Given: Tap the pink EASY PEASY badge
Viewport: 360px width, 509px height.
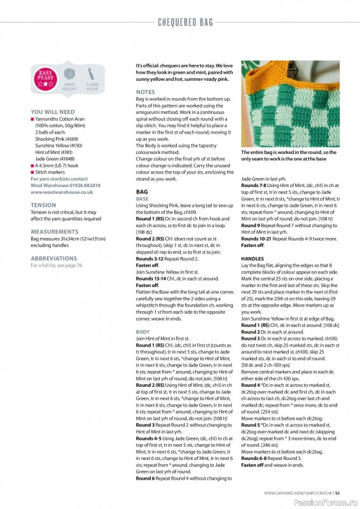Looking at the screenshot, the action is pyautogui.click(x=45, y=79).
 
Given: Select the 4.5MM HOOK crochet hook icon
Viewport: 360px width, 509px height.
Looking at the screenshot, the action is pyautogui.click(x=91, y=75).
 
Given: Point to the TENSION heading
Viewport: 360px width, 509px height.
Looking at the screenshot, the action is pyautogui.click(x=43, y=205).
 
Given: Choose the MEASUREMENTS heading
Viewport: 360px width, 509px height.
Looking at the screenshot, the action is pyautogui.click(x=54, y=232).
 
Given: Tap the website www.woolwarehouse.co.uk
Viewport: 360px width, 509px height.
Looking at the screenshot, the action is pyautogui.click(x=62, y=192).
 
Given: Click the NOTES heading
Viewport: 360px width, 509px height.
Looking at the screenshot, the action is pyautogui.click(x=145, y=92).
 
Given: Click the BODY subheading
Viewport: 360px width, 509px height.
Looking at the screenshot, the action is pyautogui.click(x=143, y=331).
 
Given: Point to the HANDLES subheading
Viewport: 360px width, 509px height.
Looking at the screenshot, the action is pyautogui.click(x=253, y=259).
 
